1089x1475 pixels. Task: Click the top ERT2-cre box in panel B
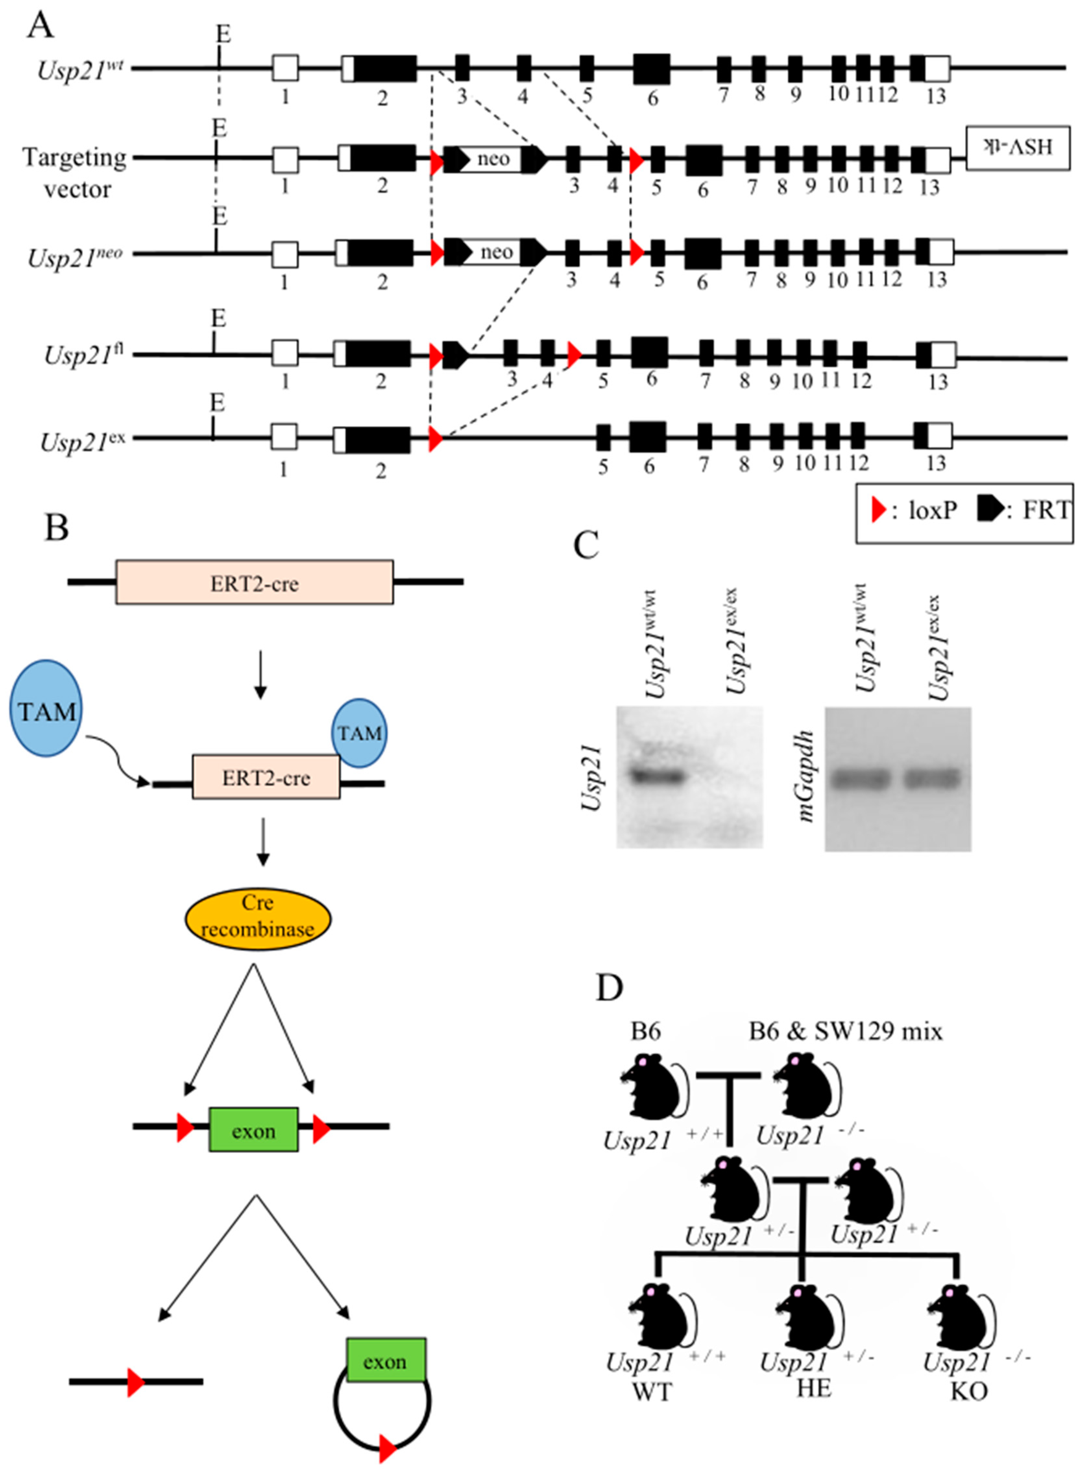tap(254, 582)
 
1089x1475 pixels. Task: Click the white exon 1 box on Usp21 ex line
tap(284, 437)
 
